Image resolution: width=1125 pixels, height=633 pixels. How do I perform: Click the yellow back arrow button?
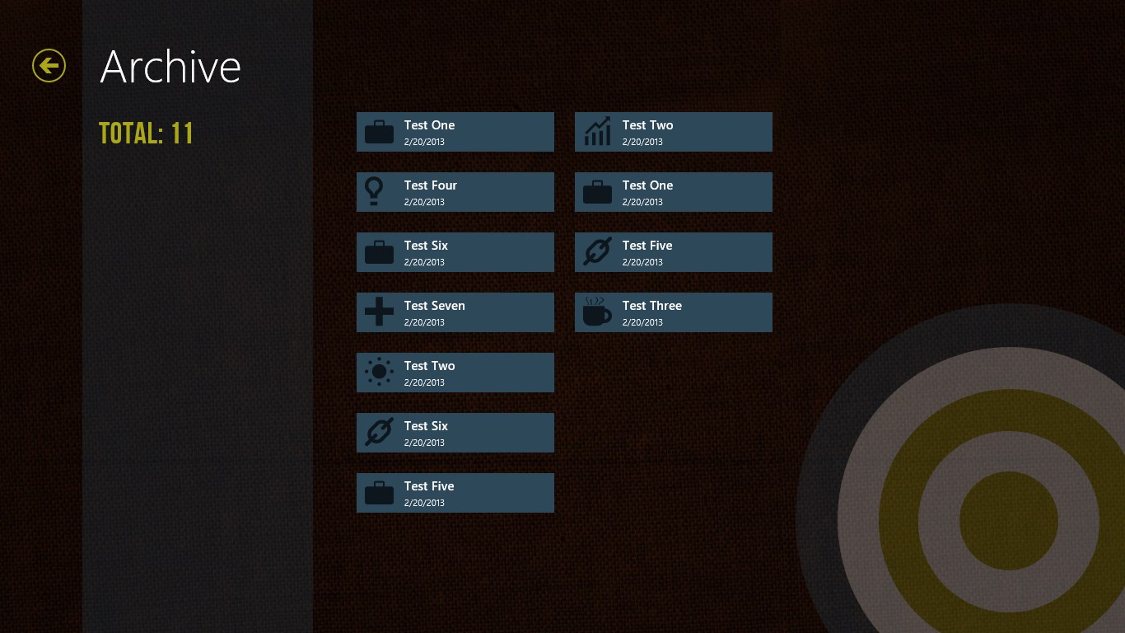click(x=49, y=65)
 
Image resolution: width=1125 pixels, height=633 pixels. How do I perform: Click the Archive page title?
click(x=170, y=67)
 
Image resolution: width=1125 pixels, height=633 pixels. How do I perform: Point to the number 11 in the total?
click(x=182, y=134)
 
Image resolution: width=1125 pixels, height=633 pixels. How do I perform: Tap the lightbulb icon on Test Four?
click(x=375, y=191)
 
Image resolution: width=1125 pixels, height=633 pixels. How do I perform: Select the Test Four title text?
click(x=430, y=185)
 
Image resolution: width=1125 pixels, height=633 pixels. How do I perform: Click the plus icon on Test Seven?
click(x=379, y=312)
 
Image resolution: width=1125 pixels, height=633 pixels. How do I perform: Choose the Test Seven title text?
click(x=434, y=306)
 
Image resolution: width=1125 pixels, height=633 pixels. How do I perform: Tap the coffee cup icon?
click(x=596, y=312)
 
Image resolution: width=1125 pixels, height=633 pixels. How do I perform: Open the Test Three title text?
click(x=651, y=306)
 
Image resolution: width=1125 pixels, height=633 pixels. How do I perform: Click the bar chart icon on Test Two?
click(x=597, y=132)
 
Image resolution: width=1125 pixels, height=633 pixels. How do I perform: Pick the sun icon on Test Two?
click(x=379, y=373)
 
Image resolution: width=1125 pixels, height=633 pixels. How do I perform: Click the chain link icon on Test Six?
click(x=379, y=432)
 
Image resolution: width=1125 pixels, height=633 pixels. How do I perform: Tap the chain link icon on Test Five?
click(x=597, y=252)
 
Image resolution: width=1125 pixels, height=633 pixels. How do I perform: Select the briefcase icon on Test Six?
click(x=379, y=252)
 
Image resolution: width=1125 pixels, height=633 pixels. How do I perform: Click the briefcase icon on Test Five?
click(x=379, y=493)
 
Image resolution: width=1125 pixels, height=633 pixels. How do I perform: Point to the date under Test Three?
click(x=642, y=322)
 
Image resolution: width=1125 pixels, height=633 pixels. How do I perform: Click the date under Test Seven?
click(x=424, y=322)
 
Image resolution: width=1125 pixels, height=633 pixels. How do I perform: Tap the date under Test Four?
click(x=424, y=202)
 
